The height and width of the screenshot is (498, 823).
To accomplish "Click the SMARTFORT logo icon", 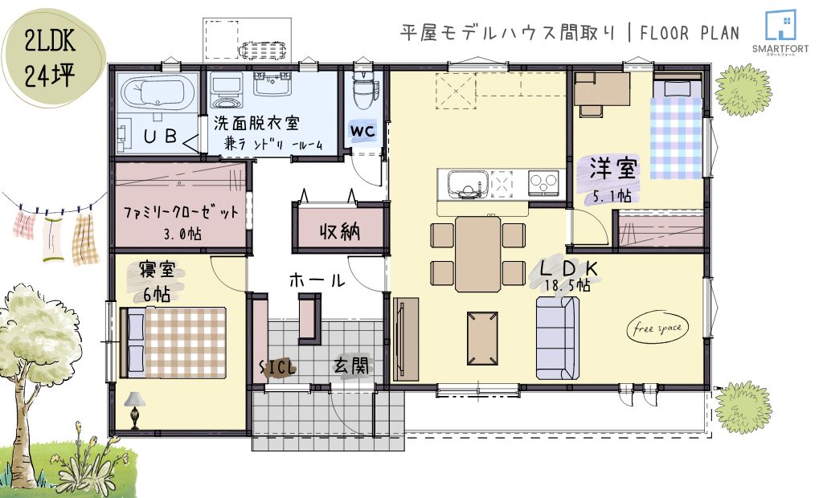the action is [780, 25].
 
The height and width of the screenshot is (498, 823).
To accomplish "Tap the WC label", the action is [362, 131].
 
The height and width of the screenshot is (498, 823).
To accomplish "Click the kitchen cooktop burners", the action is [543, 183].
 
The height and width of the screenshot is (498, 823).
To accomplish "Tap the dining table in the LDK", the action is [477, 254].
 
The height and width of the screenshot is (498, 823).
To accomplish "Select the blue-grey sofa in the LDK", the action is [557, 338].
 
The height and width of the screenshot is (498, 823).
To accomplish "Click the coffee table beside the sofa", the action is [482, 338].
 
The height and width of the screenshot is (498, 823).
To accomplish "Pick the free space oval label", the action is [657, 329].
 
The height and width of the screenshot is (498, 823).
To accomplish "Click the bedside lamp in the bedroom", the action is [135, 410].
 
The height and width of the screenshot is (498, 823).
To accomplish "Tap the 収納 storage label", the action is [340, 231].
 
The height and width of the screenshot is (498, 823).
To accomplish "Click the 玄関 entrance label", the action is [351, 365].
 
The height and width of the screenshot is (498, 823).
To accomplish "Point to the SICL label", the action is [278, 367].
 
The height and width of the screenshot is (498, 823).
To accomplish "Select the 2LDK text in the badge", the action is [51, 40].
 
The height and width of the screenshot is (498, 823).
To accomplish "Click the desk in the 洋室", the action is [602, 89].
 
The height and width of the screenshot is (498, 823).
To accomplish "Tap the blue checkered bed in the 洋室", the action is [677, 129].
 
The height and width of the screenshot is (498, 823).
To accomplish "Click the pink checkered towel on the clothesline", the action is [23, 225].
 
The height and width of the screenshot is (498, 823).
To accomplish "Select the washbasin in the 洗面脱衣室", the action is [272, 84].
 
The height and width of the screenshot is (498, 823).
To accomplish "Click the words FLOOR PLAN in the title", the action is [689, 33].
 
